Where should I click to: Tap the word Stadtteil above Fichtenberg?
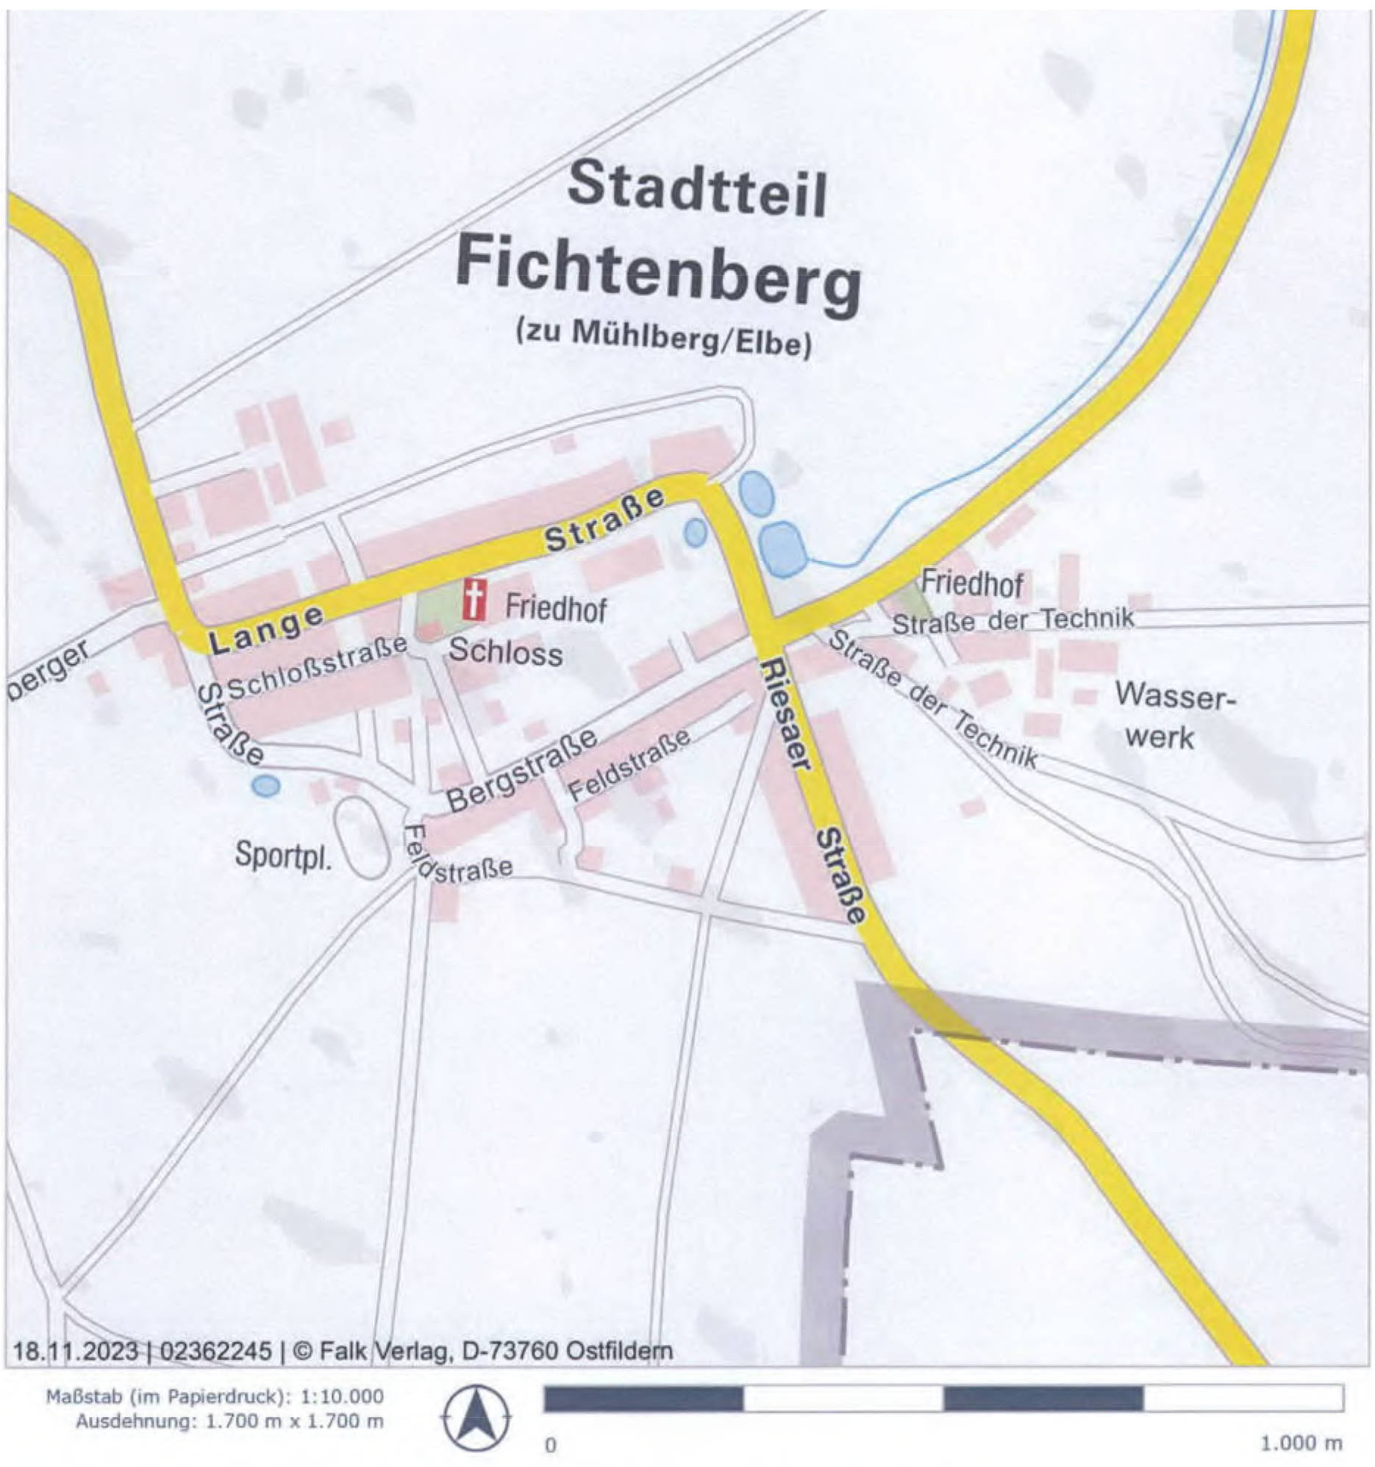tap(697, 190)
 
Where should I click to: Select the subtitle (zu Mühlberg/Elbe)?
tap(663, 340)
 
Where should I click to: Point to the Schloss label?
tap(506, 653)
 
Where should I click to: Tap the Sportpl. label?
tap(283, 856)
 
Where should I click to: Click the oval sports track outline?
tap(361, 837)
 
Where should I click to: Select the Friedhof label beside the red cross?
tap(556, 609)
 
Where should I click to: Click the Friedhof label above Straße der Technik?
tap(972, 584)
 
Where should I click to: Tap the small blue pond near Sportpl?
tap(265, 785)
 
